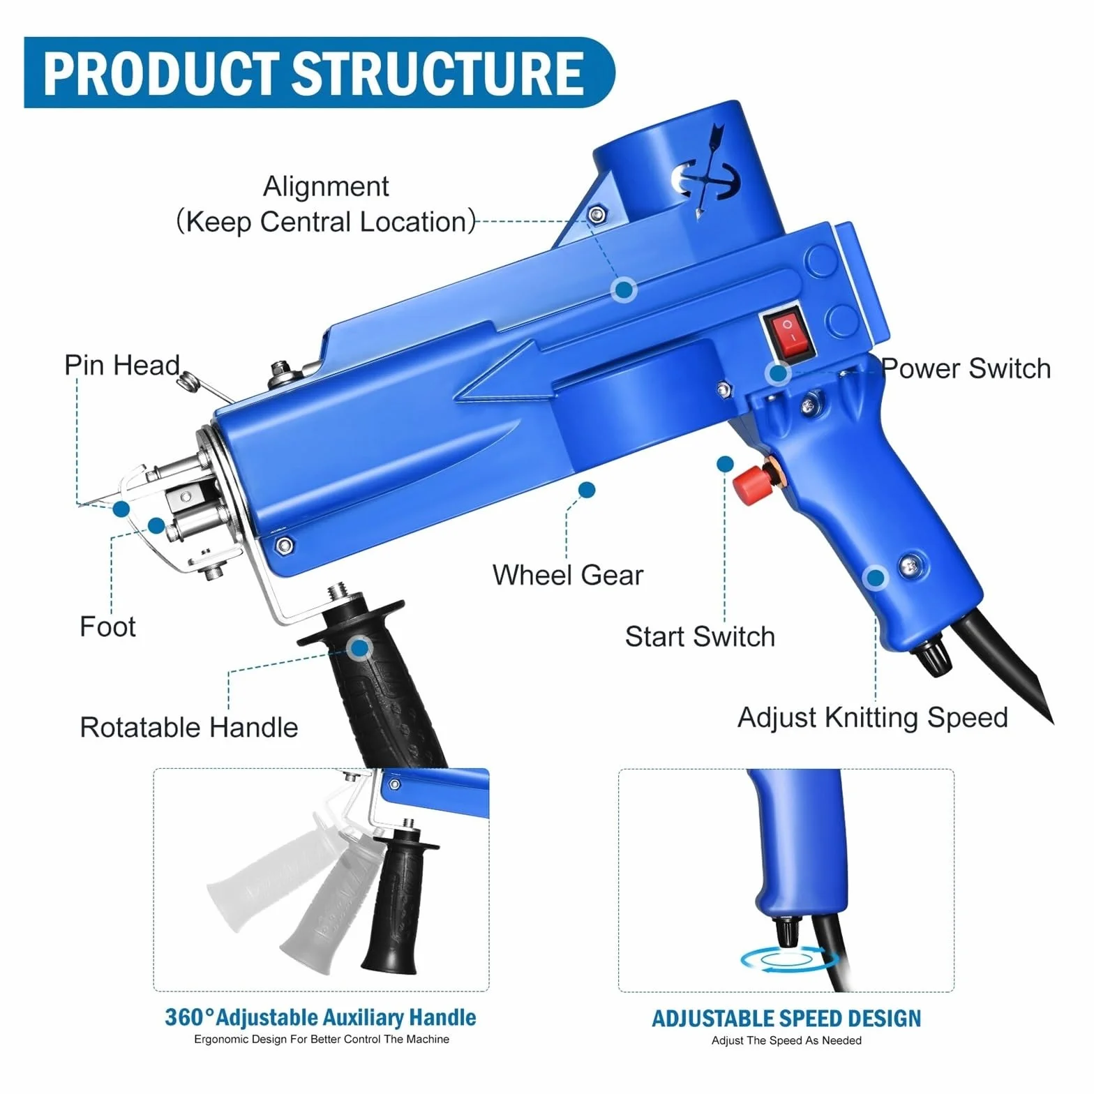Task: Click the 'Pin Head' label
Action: pyautogui.click(x=122, y=365)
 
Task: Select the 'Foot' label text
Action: pyautogui.click(x=107, y=626)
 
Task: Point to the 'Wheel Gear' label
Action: pyautogui.click(x=568, y=575)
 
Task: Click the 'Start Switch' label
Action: pyautogui.click(x=700, y=636)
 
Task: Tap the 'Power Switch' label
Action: pyautogui.click(x=966, y=368)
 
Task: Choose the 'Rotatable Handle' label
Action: pyautogui.click(x=189, y=727)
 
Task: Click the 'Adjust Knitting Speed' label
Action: pyautogui.click(x=873, y=718)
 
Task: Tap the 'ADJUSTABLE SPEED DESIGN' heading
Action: pyautogui.click(x=786, y=1019)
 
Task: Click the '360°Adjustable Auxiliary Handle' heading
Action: pyautogui.click(x=320, y=1017)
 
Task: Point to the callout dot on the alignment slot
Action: pyautogui.click(x=624, y=289)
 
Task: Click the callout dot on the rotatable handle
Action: pyautogui.click(x=359, y=649)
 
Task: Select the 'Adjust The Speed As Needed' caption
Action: pyautogui.click(x=786, y=1040)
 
